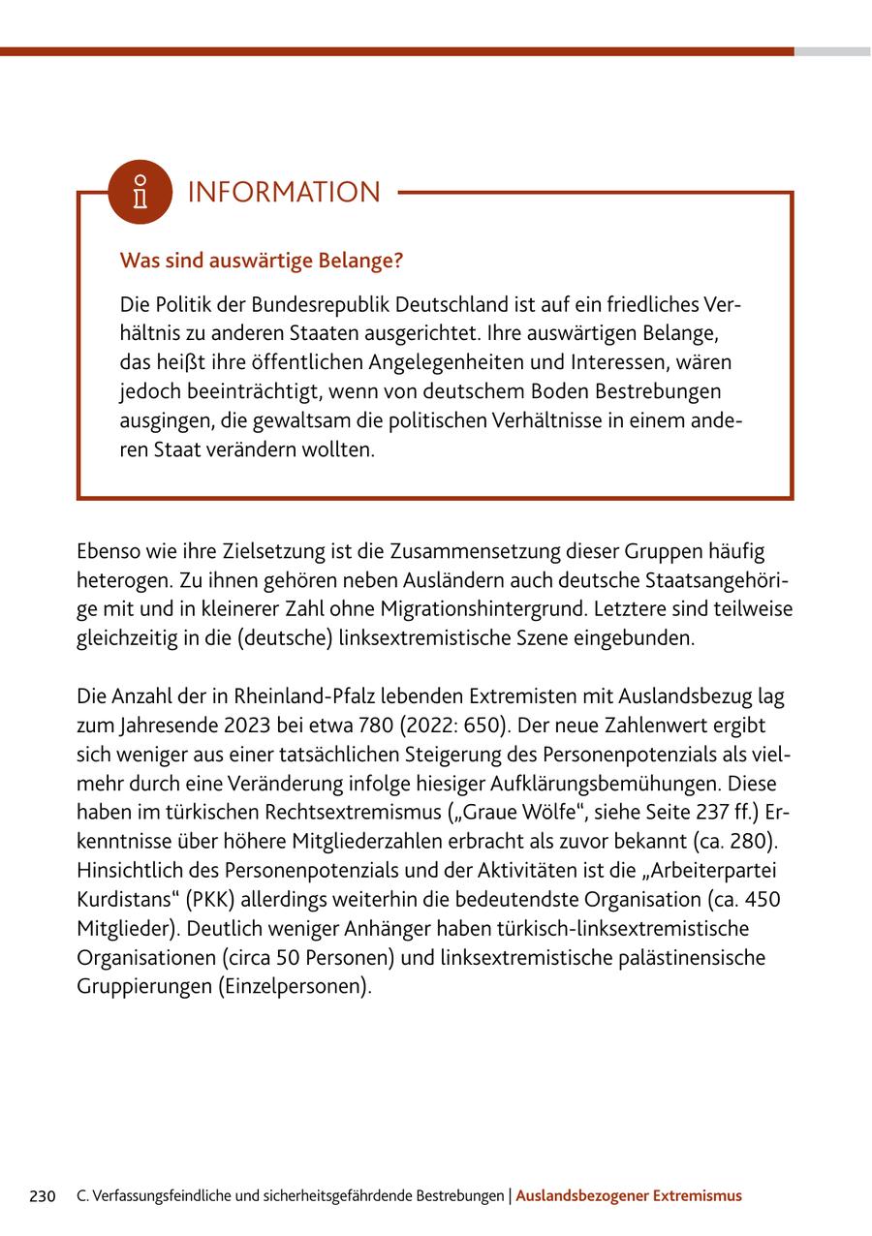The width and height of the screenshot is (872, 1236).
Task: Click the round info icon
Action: coord(140,192)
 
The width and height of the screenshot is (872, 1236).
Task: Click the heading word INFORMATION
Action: coord(284,193)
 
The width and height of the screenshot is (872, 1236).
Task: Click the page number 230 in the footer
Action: coord(43,1196)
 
